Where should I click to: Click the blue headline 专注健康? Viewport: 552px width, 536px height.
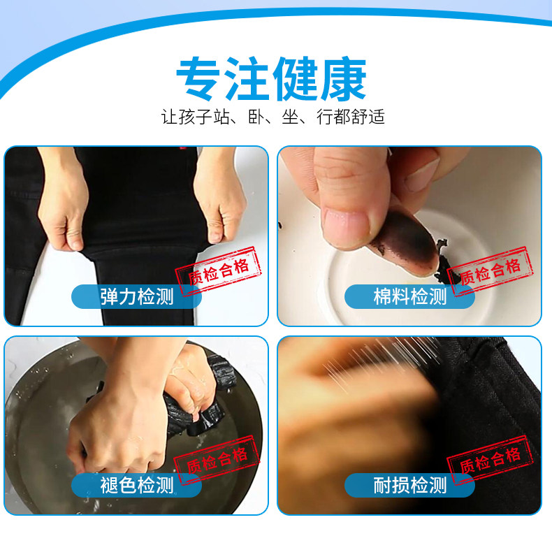271,78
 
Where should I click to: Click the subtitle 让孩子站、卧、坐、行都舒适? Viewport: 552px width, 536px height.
273,117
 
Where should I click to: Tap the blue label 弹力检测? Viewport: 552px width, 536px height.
136,296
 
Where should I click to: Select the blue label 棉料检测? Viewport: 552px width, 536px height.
409,296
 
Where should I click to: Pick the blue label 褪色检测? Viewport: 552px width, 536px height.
136,485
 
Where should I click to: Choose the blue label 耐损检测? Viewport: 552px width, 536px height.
409,485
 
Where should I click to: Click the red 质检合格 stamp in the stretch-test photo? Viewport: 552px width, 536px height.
218,271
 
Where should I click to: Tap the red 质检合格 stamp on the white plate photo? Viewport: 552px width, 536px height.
490,271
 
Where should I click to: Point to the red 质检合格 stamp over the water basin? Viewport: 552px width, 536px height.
217,460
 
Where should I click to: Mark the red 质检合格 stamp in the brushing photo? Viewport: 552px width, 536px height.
490,460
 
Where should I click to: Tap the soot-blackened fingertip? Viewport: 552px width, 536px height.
408,243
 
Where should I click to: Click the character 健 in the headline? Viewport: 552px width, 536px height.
295,78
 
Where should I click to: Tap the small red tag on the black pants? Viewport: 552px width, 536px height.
182,148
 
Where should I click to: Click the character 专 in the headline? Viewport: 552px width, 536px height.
198,78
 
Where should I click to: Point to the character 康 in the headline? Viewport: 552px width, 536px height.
344,78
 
